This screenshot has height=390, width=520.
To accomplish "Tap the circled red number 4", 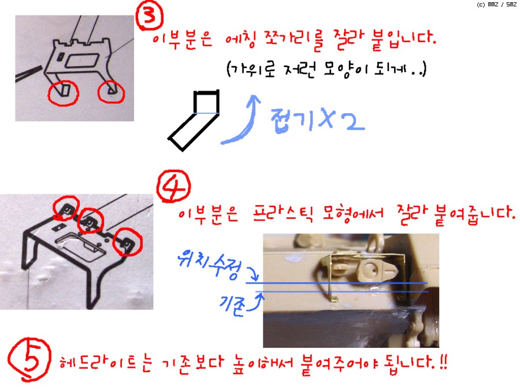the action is [x=173, y=187].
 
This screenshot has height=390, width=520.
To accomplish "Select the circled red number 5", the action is [x=30, y=360].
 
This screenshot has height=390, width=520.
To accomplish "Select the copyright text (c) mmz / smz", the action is [x=496, y=4].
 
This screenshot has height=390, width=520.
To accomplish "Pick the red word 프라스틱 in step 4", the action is [x=283, y=214].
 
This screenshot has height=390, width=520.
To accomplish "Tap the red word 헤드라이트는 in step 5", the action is [x=106, y=363].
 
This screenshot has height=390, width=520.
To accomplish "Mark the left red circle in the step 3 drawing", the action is [x=64, y=93].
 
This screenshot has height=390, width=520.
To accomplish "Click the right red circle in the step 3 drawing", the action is [x=111, y=92].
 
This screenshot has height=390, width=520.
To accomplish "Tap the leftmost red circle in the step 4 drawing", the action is [x=66, y=208].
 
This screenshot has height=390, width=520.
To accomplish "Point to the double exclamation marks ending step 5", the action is [x=443, y=362].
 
